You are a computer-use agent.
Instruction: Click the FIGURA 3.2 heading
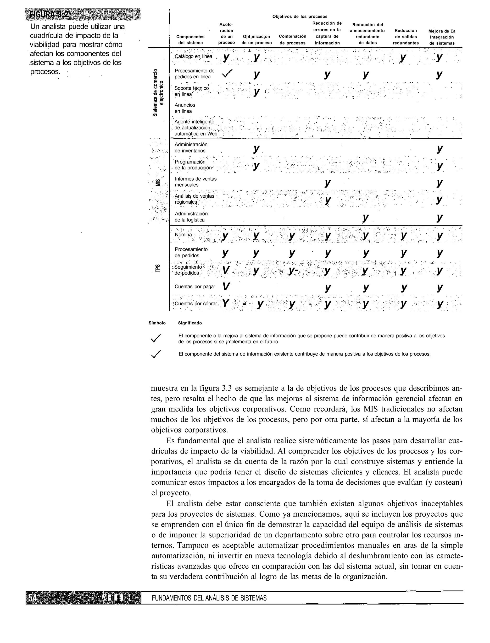click(48, 15)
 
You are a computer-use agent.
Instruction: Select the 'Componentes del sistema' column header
click(190, 40)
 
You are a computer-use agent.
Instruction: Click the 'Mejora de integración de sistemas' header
click(442, 37)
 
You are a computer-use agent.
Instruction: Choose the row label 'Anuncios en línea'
click(185, 108)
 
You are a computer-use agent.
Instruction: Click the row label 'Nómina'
click(183, 235)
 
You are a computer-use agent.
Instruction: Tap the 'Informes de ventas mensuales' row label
click(195, 182)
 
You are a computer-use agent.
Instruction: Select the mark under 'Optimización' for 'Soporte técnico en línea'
click(256, 92)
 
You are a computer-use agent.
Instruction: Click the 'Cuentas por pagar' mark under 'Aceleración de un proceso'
click(225, 287)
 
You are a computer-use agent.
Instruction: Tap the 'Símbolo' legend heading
click(157, 323)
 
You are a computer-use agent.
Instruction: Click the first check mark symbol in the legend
click(156, 338)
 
